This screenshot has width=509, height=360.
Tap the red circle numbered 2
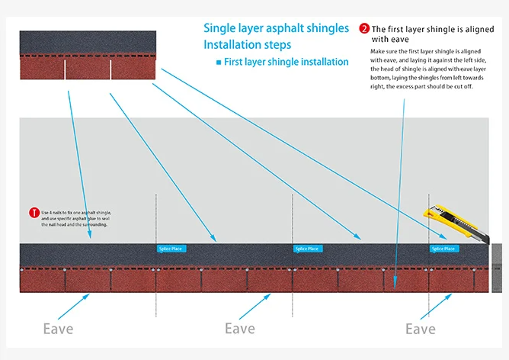tap(364, 29)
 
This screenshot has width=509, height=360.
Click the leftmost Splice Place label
tap(170, 249)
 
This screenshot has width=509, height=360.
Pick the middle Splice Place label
tap(307, 249)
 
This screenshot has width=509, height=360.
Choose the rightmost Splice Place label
tap(443, 249)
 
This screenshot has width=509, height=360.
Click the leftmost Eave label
tap(58, 329)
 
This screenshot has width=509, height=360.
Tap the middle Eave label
tap(239, 329)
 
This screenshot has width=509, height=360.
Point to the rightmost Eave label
tap(420, 329)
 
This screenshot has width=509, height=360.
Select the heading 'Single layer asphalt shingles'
tap(276, 28)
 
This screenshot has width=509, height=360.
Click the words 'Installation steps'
tap(247, 44)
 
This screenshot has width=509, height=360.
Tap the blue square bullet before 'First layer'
tap(219, 62)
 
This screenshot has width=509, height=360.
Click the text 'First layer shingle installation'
tap(286, 62)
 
